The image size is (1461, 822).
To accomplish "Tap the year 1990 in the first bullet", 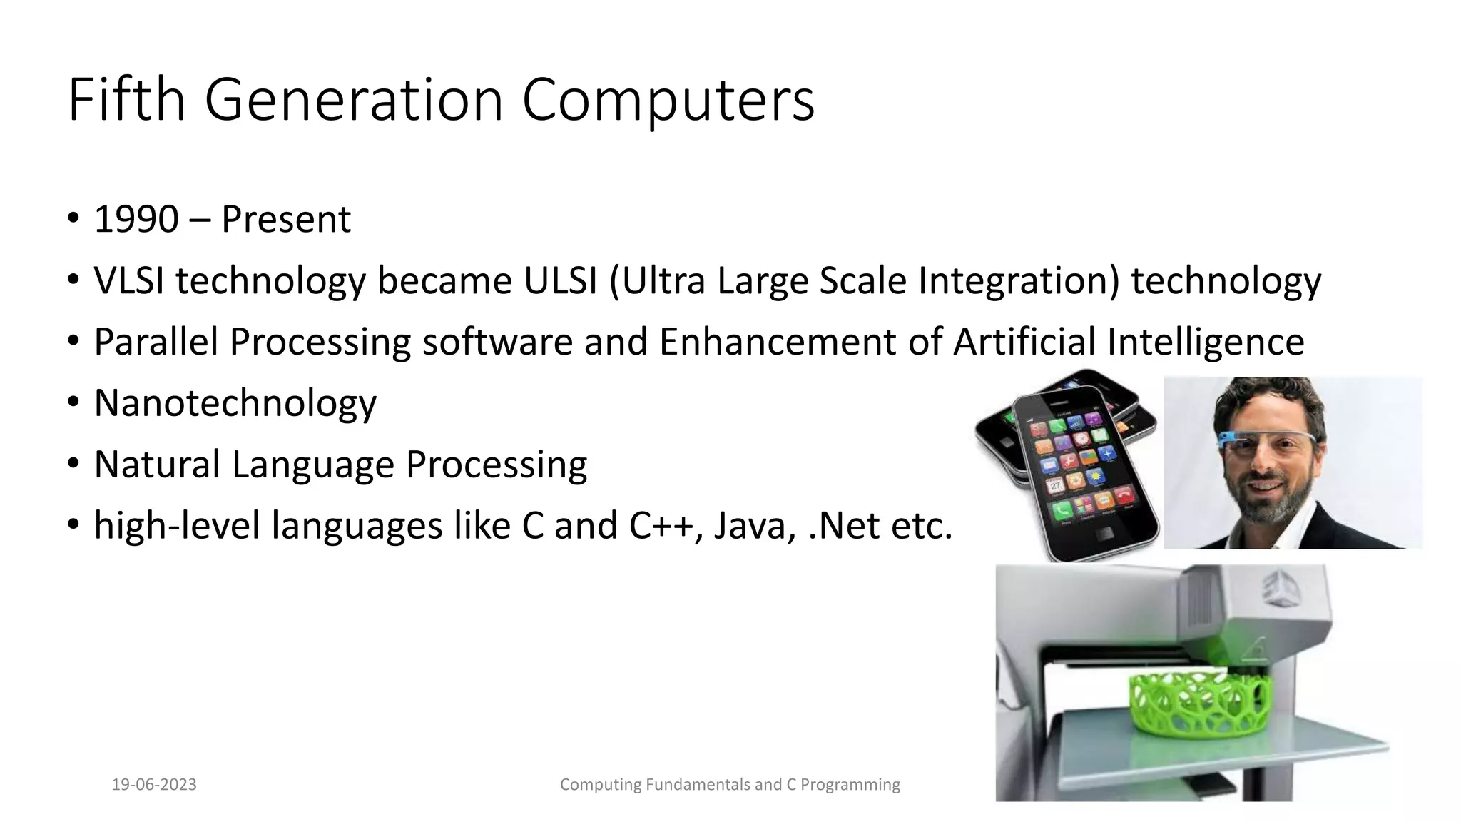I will [x=136, y=219].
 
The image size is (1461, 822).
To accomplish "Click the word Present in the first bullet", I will [x=285, y=219].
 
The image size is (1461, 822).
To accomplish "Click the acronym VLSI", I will [x=129, y=280].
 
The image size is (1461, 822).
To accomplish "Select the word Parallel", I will [x=156, y=342].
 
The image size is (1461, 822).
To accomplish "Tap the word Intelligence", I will [x=1206, y=342].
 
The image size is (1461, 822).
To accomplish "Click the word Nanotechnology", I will [x=235, y=403].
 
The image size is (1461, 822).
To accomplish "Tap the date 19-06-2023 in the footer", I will [x=154, y=785].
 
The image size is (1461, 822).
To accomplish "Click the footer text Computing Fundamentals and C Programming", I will [x=730, y=785].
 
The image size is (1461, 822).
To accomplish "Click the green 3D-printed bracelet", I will [x=1198, y=704].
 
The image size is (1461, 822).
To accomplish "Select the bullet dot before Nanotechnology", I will [x=73, y=403].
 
